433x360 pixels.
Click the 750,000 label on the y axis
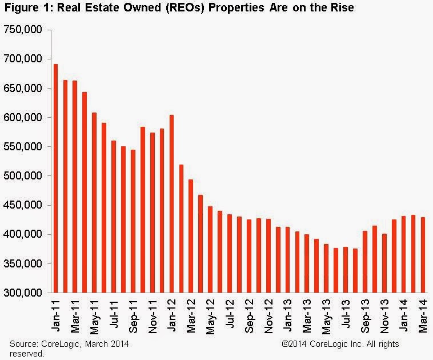24,30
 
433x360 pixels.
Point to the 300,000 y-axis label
24,293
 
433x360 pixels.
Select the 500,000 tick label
24,176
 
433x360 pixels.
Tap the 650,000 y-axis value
24,89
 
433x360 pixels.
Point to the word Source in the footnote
23,344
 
